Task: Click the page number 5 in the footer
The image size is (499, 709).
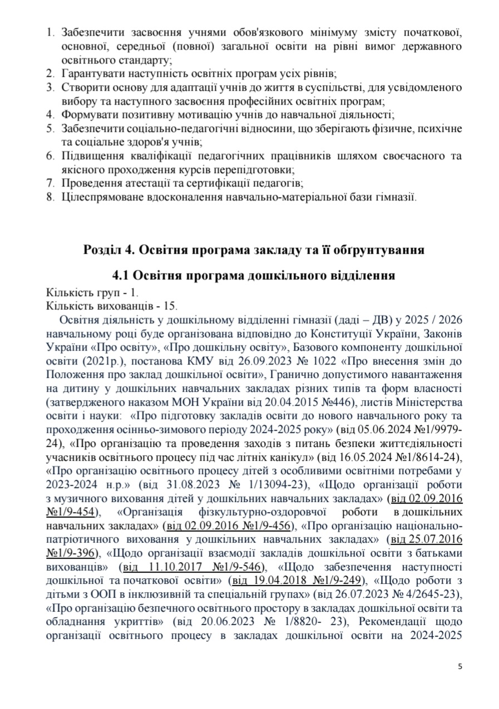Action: (x=460, y=667)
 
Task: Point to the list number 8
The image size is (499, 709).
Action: (x=50, y=196)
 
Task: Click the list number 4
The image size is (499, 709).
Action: (x=50, y=115)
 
